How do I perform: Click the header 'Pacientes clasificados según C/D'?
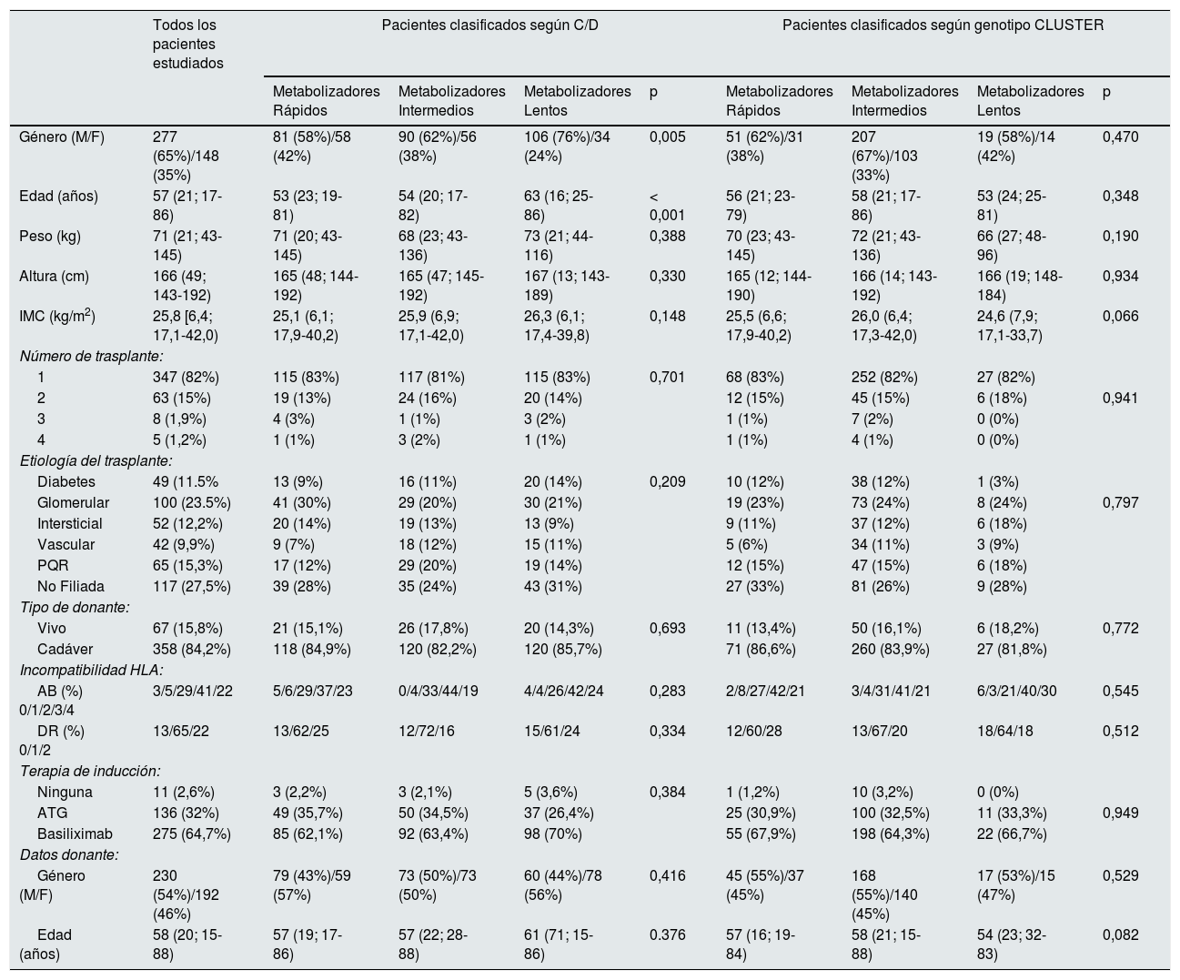click(490, 25)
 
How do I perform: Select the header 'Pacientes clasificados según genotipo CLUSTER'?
click(943, 25)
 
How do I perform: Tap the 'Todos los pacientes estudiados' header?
click(188, 44)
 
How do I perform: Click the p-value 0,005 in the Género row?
click(668, 137)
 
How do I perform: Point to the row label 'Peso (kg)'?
click(50, 237)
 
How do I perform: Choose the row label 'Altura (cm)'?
click(55, 277)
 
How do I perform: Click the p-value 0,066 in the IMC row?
click(1121, 317)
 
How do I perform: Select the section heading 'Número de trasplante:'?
click(92, 357)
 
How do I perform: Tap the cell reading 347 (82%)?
click(186, 378)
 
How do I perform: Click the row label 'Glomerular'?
click(74, 503)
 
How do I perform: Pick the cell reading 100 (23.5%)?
click(192, 503)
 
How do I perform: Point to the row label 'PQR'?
click(53, 566)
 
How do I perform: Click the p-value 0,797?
click(1121, 503)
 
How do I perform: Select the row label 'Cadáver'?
click(65, 650)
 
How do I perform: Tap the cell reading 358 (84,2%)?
click(192, 650)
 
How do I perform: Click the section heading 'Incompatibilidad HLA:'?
click(92, 671)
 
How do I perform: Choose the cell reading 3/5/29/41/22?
click(193, 692)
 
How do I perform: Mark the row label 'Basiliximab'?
click(75, 834)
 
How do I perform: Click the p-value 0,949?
click(1121, 813)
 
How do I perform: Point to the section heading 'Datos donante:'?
click(69, 855)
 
